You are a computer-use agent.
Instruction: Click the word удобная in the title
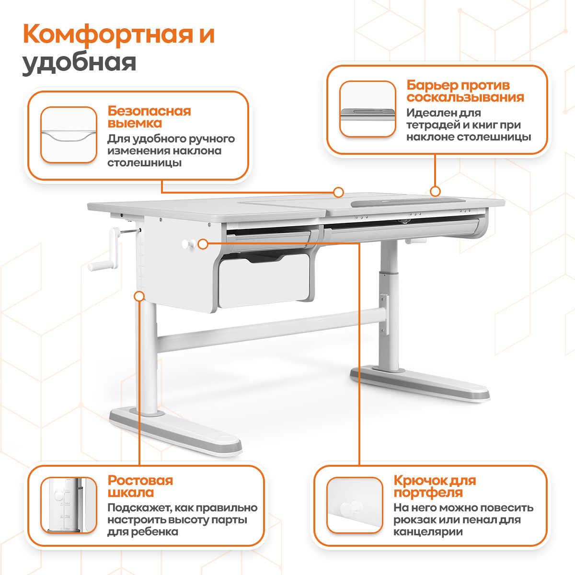(80, 63)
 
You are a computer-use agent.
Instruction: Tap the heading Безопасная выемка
(149, 117)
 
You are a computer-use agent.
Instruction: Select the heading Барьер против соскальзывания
(465, 92)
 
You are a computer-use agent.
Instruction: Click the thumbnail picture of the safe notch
(69, 135)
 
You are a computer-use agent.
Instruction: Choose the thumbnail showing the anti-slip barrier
(368, 109)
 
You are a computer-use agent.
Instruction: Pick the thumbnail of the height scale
(69, 505)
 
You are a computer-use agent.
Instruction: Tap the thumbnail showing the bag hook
(355, 505)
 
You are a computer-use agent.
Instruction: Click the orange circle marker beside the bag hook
(203, 244)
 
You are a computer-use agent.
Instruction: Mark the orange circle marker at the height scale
(139, 296)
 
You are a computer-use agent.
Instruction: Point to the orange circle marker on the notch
(338, 192)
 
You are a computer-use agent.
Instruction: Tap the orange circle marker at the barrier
(435, 191)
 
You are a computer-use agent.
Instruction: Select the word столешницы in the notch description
(144, 163)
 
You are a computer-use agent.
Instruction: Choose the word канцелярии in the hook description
(428, 532)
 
